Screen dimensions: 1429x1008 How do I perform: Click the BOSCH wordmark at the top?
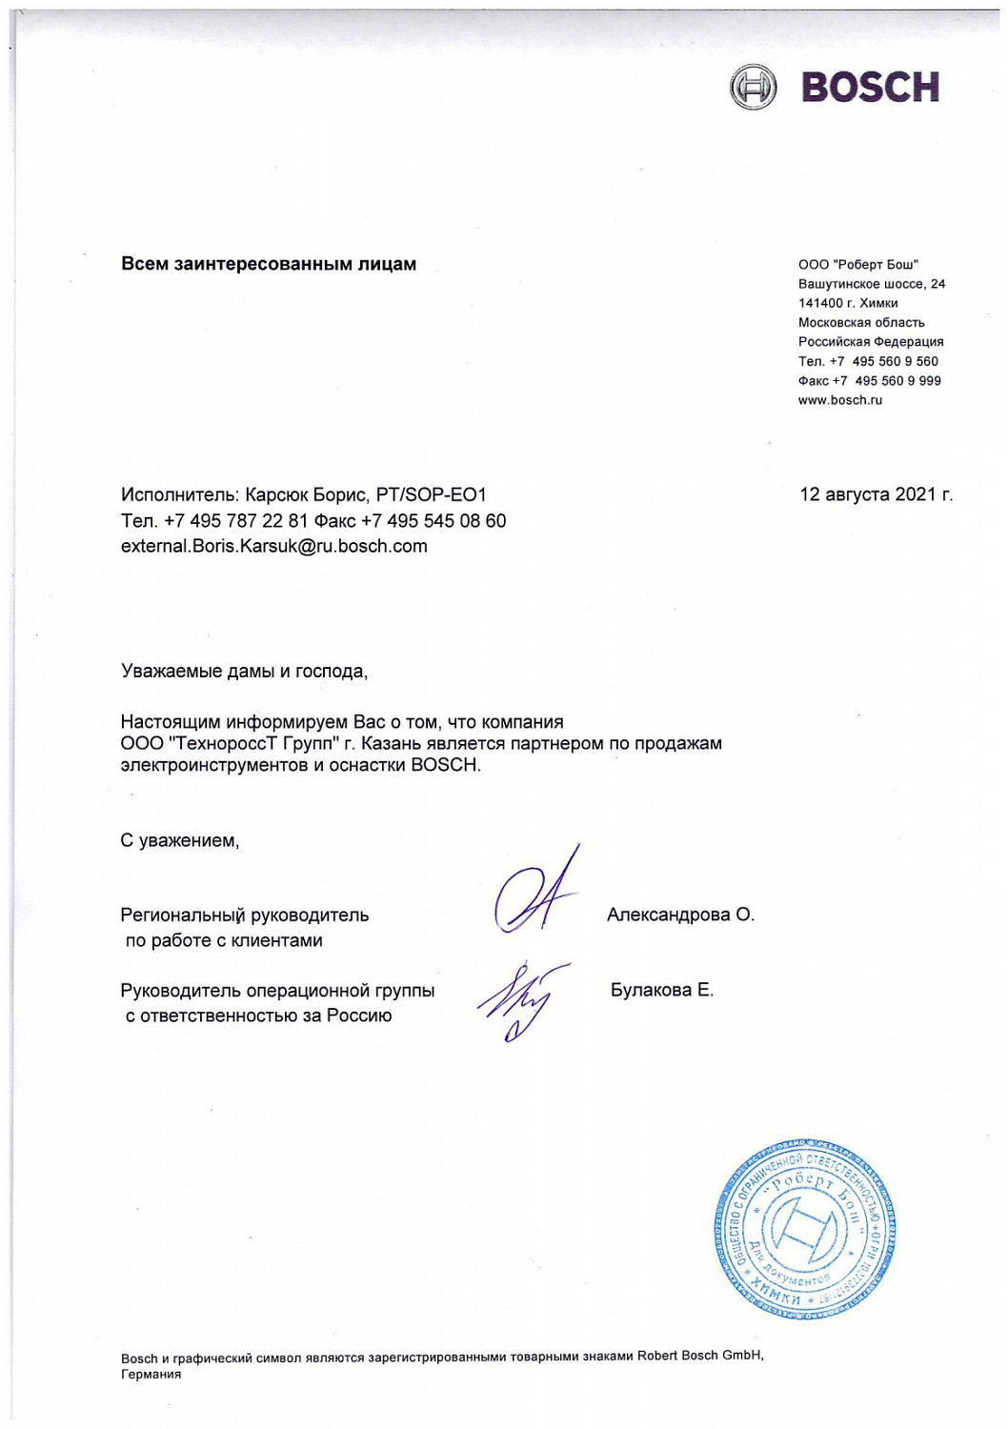[870, 87]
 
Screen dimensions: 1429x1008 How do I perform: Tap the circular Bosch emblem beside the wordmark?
[753, 87]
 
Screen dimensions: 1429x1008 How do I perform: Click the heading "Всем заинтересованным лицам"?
[269, 264]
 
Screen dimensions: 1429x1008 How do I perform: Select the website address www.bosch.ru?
[839, 400]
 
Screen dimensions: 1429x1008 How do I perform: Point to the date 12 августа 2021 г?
[876, 493]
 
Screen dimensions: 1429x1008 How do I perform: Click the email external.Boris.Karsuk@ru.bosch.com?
[273, 546]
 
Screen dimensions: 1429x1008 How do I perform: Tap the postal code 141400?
[820, 303]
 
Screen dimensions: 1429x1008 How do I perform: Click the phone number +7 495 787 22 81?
[236, 520]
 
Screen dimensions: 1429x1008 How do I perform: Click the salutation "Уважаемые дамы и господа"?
[243, 671]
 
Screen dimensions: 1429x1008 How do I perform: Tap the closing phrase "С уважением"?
[179, 840]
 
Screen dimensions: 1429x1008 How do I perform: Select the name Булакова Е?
[661, 990]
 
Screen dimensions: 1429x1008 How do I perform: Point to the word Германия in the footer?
[151, 1374]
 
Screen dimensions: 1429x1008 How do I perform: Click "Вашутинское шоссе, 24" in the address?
[871, 284]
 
